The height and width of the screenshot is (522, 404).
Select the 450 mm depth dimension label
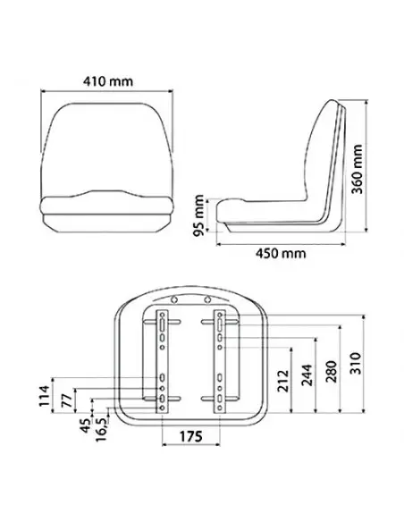point(281,254)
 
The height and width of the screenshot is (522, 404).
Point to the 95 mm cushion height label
point(199,215)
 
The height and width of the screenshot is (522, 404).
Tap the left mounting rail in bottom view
point(161,361)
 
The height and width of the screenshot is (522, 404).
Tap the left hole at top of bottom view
point(174,299)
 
